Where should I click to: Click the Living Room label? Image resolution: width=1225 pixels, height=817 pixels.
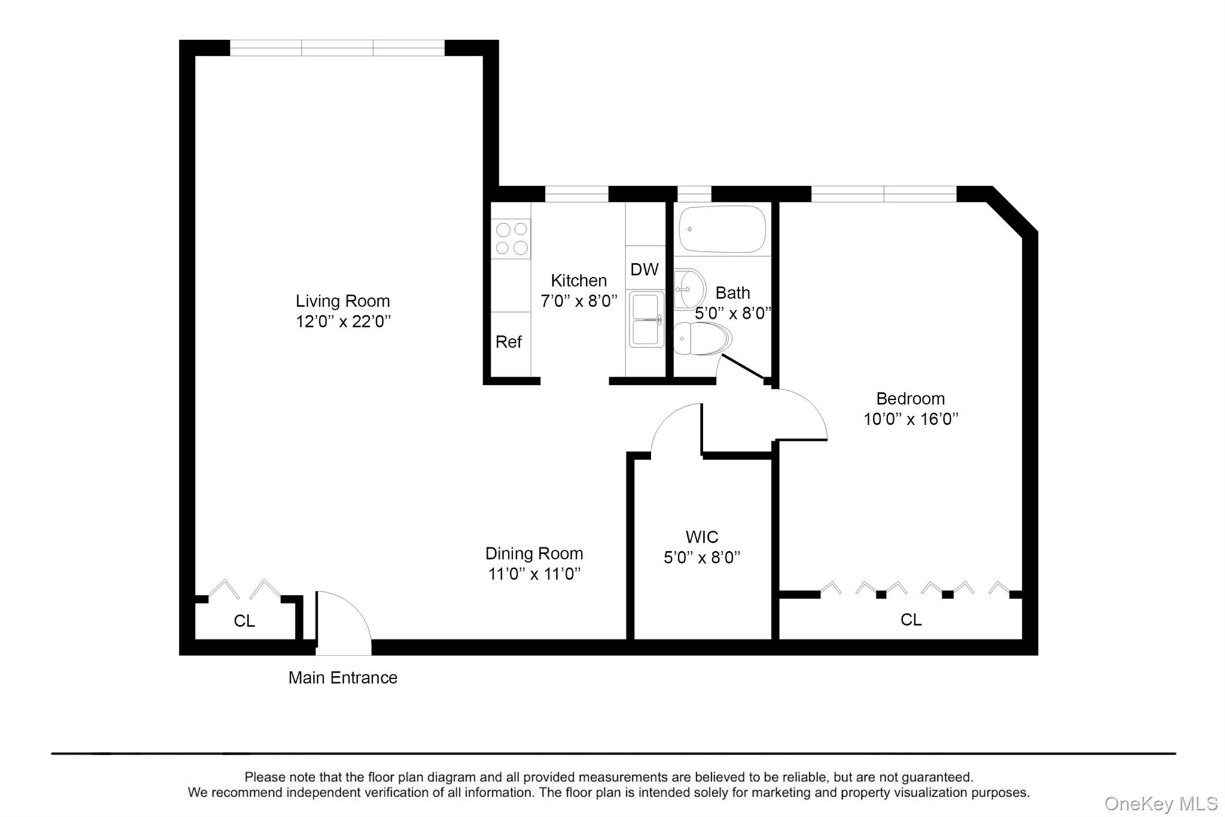342,300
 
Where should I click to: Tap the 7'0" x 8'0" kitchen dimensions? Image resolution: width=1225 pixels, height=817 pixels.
578,301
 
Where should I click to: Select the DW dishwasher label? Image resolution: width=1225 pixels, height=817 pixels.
644,269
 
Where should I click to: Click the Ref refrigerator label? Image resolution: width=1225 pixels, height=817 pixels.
508,342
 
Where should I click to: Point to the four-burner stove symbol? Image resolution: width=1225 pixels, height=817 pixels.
511,238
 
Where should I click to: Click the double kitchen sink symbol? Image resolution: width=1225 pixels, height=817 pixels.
646,319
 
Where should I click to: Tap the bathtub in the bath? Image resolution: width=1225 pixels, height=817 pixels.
723,229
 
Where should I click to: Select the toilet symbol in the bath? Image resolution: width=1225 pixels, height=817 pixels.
701,339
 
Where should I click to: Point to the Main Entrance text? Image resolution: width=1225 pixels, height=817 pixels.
343,678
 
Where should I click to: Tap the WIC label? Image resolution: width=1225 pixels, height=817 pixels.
702,537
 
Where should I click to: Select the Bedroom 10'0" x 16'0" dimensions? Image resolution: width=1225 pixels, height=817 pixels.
910,419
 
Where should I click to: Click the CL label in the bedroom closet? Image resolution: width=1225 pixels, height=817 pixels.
911,619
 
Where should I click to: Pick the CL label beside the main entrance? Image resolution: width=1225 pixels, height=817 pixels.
244,621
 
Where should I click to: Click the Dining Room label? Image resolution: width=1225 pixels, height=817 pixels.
534,553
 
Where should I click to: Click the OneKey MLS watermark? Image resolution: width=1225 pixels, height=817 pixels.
1160,803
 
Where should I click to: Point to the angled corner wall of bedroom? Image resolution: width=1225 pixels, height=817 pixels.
1012,210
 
